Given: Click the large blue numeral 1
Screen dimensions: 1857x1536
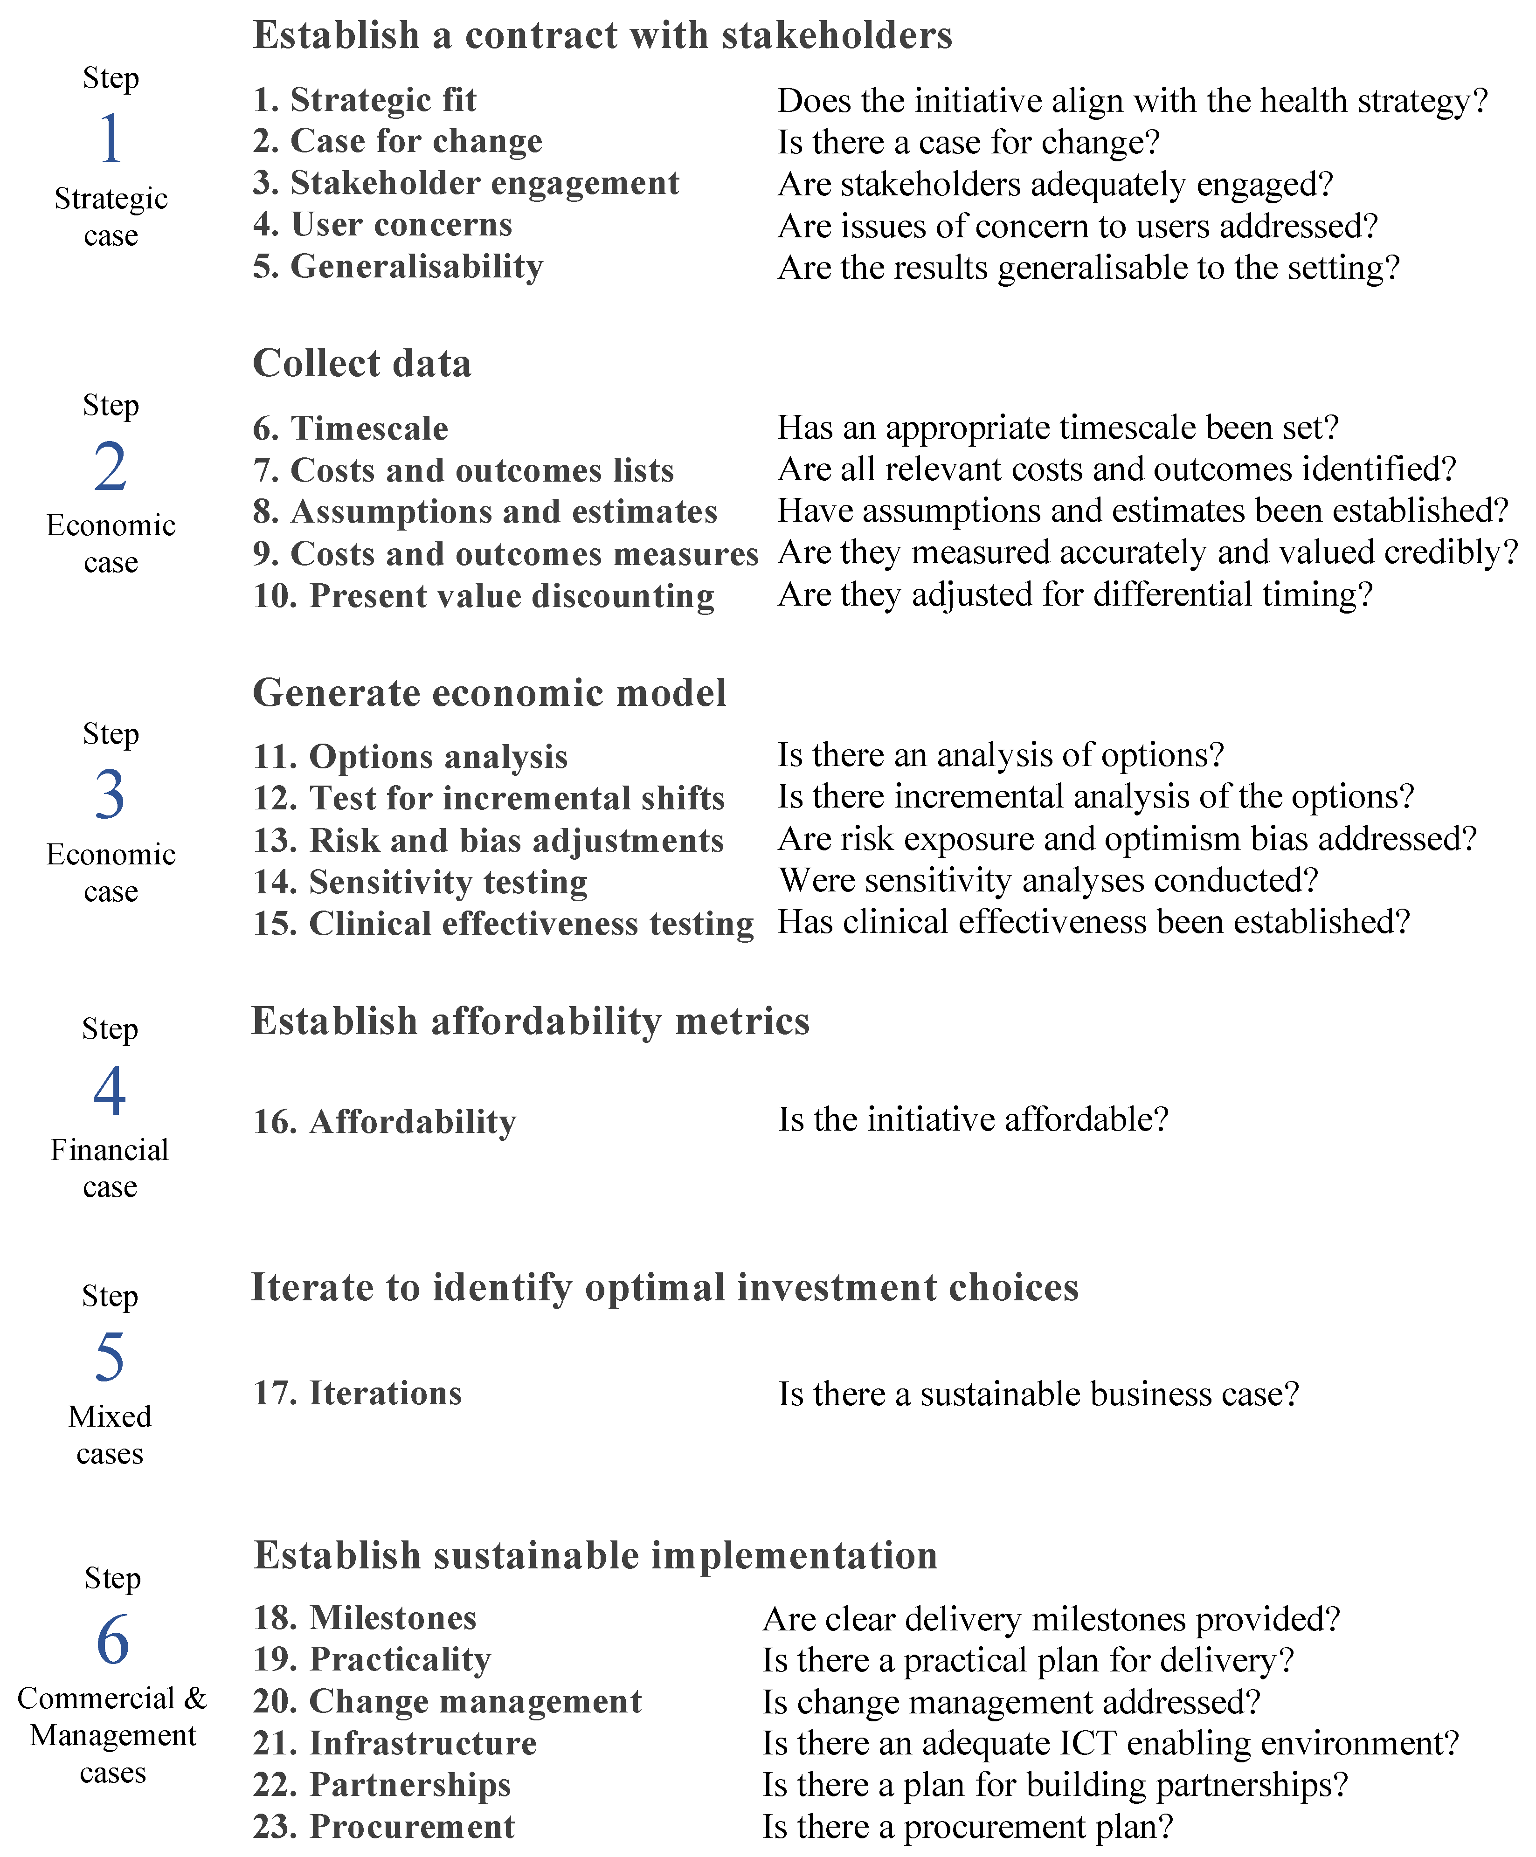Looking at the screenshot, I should tap(111, 139).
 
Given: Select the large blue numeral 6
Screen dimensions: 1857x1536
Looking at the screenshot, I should tap(112, 1639).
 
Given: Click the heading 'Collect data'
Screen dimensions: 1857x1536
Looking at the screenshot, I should tap(362, 364).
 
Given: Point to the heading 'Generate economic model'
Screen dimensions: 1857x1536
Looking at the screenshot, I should tap(489, 692).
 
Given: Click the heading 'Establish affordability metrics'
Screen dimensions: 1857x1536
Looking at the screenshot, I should tap(531, 1022).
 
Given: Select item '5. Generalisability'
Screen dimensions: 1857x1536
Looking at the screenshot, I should tap(398, 266).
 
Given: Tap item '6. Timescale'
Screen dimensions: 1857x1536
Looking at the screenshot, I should tap(350, 429).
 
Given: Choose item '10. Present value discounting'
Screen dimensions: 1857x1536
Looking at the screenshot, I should tap(484, 596).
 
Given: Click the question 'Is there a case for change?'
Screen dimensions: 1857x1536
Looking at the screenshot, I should tap(969, 142).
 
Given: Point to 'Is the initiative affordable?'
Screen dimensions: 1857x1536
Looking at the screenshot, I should tap(973, 1119).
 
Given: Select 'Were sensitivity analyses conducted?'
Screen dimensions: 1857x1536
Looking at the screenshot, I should tap(1048, 881).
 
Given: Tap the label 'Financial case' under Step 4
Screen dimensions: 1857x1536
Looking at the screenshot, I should tap(110, 1168).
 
